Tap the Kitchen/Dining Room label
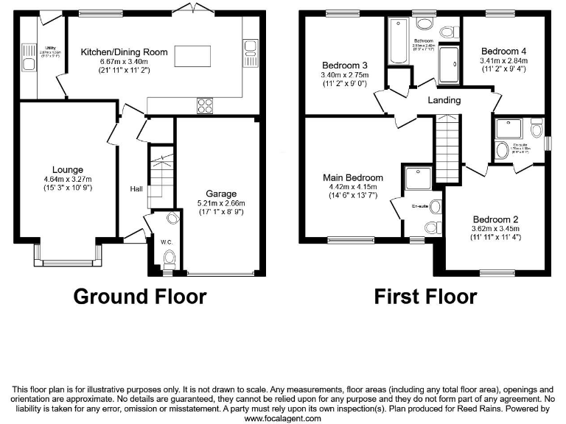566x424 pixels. (x=124, y=52)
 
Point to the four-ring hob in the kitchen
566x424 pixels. (x=204, y=105)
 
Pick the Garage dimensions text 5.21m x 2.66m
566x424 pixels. (x=218, y=203)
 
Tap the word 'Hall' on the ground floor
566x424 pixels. (x=136, y=189)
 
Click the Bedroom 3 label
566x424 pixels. (x=344, y=66)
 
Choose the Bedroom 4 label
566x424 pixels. (x=503, y=51)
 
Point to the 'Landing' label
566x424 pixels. (x=444, y=100)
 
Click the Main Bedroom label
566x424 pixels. (x=353, y=177)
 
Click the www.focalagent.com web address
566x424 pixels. (x=282, y=418)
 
